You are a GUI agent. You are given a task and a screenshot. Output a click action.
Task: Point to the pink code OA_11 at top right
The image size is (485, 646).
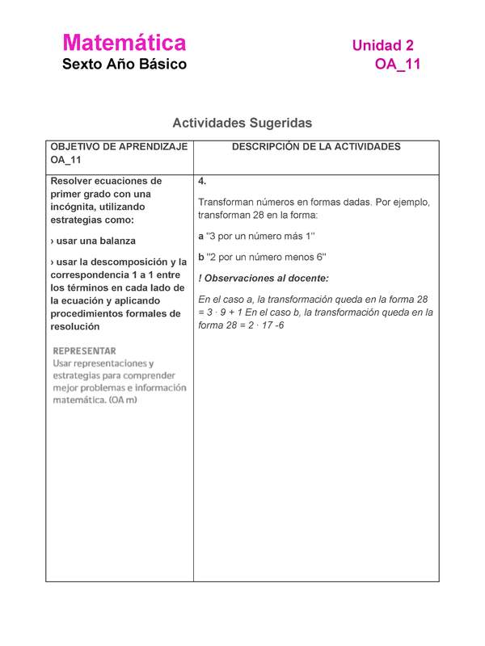398,65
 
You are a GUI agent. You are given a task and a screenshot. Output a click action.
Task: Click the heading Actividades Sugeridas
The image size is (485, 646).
242,123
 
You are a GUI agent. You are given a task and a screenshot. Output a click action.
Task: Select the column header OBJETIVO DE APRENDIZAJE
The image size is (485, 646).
119,147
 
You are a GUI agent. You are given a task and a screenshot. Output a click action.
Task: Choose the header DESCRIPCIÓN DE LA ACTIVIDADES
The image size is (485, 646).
316,147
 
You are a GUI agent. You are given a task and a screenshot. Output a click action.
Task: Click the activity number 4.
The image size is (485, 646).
202,182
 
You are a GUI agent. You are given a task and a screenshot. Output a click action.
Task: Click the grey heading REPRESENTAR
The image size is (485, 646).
85,351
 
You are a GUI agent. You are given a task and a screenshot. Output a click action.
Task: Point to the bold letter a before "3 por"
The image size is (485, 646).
201,236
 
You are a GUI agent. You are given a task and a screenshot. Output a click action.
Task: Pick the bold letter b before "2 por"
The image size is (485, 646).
201,257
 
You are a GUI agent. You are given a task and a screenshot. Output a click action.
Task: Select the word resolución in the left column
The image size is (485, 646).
74,326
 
